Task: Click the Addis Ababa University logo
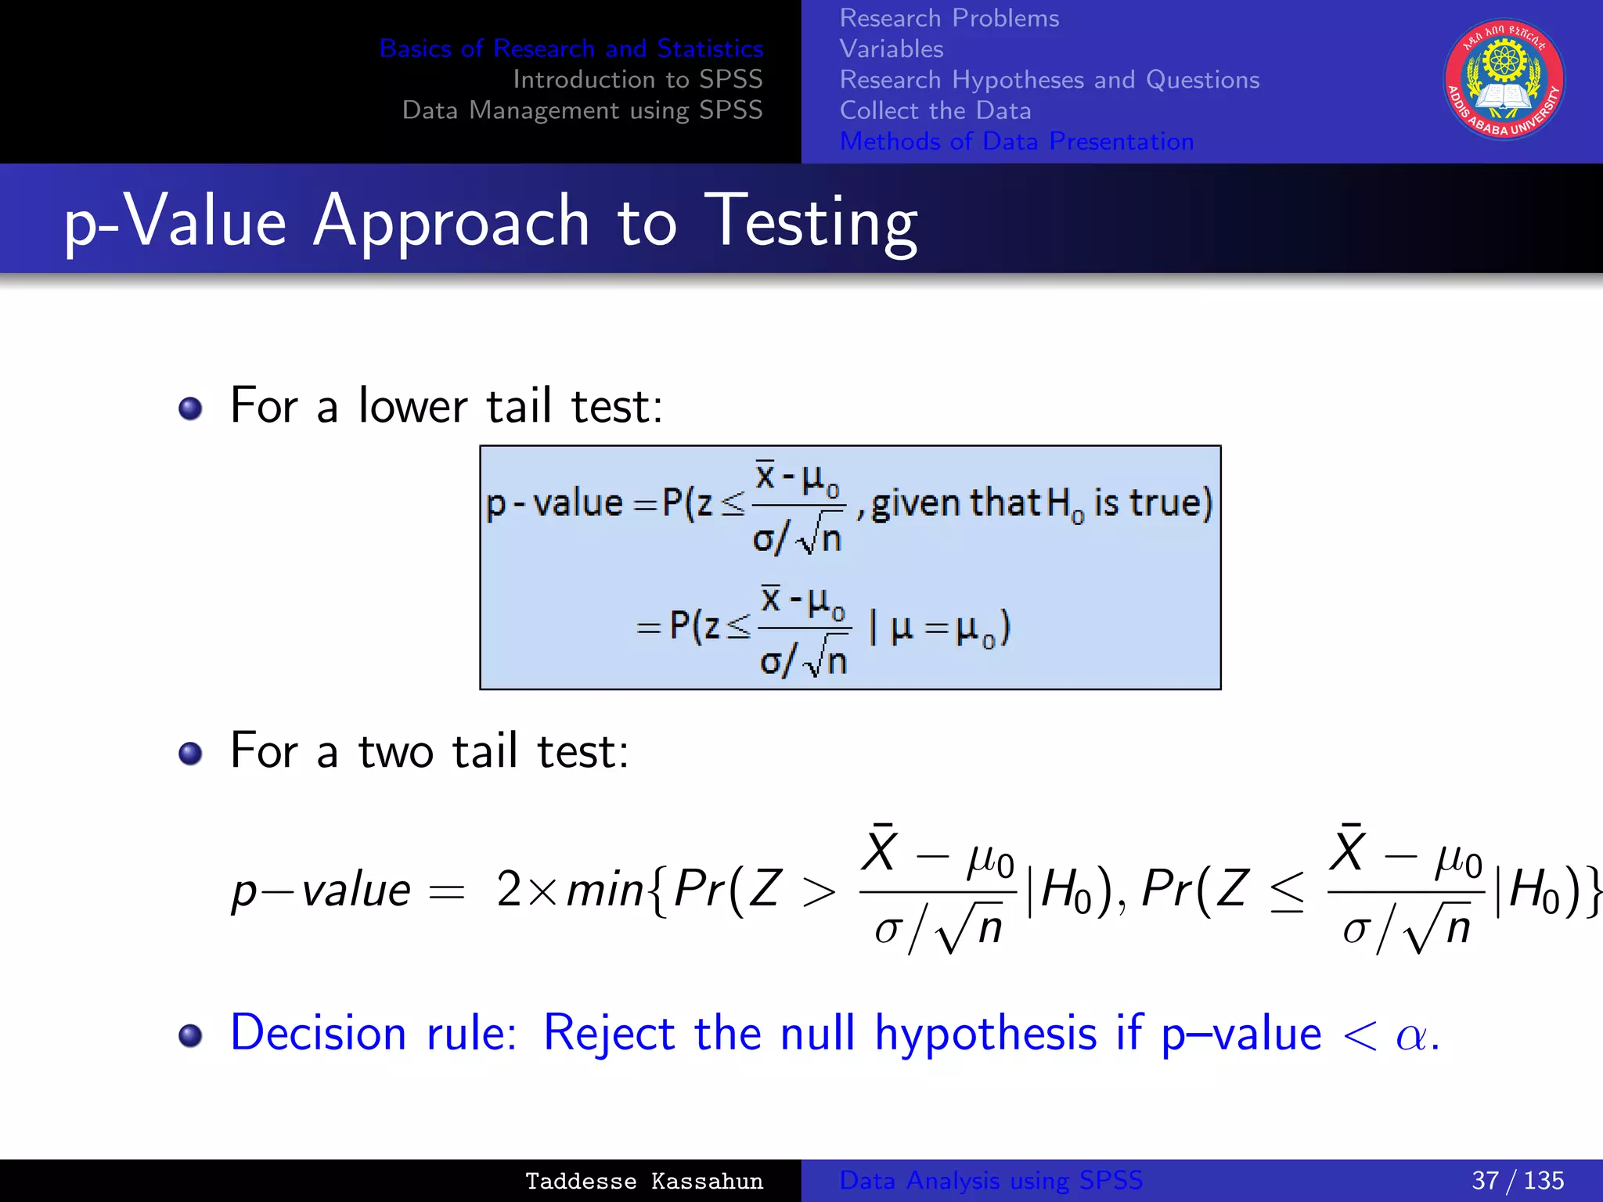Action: pos(1504,80)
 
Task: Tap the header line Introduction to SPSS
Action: pos(637,79)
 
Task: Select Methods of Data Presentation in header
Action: pos(1016,141)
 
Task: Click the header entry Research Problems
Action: pos(949,18)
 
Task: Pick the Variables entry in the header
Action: pos(891,49)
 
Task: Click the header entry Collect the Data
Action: pos(935,110)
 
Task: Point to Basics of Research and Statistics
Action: pos(571,49)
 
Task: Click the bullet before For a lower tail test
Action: pos(190,408)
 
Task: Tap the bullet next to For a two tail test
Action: pos(190,753)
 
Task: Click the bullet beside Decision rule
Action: pos(190,1035)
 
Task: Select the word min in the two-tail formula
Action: pos(604,890)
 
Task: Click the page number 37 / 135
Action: pos(1517,1180)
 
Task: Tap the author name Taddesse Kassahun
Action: pos(643,1181)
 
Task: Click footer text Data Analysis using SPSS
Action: pos(990,1180)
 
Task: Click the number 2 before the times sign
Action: pos(509,890)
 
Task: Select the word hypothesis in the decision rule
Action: pos(985,1035)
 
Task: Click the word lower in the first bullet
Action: pos(412,406)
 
